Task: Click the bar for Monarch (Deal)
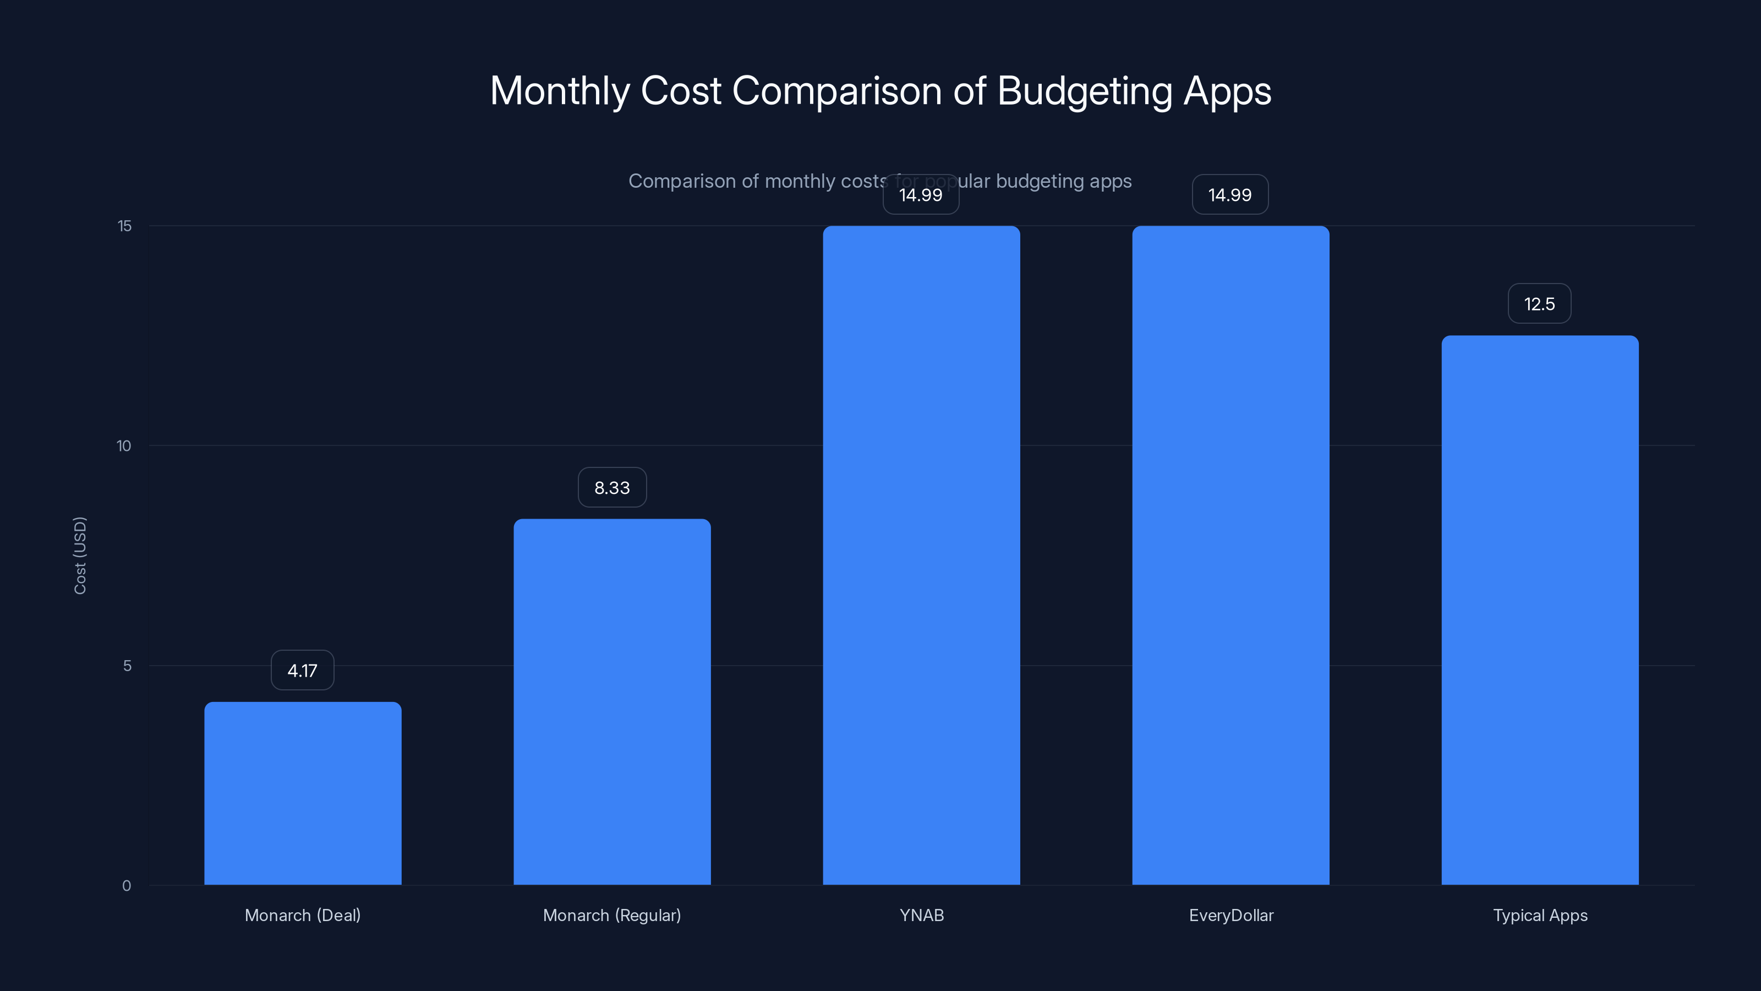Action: tap(303, 793)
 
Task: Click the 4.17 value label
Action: tap(302, 670)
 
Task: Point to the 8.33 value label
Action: tap(612, 488)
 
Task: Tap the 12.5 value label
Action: tap(1540, 304)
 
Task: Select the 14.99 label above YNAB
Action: tap(921, 195)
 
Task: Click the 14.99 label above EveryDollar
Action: tap(1230, 195)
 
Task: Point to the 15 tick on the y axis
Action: tap(124, 226)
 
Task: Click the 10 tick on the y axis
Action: tap(124, 446)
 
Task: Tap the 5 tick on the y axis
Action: tap(127, 666)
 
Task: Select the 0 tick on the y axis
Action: tap(127, 886)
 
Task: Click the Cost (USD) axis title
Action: tap(80, 556)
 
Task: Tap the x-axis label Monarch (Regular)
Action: tap(612, 915)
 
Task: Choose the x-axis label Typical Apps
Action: tap(1540, 915)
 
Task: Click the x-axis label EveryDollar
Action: tap(1230, 915)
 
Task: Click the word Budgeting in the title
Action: tap(1084, 91)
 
